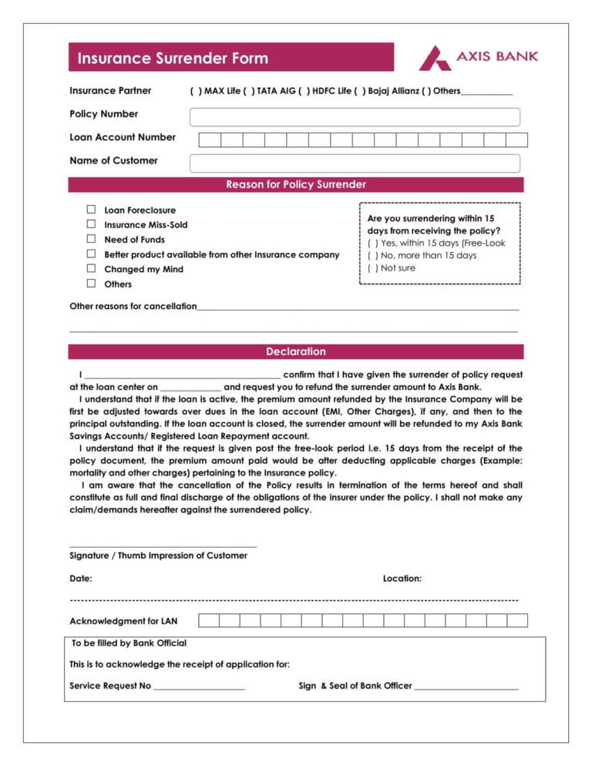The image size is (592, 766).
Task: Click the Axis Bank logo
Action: tap(478, 57)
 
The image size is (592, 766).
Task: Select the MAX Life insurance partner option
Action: tap(195, 91)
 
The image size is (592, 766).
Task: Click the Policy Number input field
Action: tap(355, 117)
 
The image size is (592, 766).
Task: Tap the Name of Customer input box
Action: tap(355, 163)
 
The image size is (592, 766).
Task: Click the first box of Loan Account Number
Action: tap(210, 139)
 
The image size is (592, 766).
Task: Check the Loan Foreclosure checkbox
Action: tap(91, 210)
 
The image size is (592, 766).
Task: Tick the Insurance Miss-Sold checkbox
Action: tap(91, 224)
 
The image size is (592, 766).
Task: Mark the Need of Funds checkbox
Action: tap(91, 239)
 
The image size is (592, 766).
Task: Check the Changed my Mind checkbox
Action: tap(91, 269)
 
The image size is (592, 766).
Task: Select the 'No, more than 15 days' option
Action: tap(373, 255)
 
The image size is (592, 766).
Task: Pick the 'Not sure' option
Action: tap(373, 268)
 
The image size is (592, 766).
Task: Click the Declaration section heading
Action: tap(296, 351)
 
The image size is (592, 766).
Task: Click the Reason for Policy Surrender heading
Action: tap(296, 185)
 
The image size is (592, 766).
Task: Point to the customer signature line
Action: tap(163, 545)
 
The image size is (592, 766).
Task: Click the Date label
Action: tap(81, 578)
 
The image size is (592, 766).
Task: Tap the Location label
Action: tap(402, 578)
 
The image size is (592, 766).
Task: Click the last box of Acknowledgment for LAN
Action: tap(517, 620)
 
